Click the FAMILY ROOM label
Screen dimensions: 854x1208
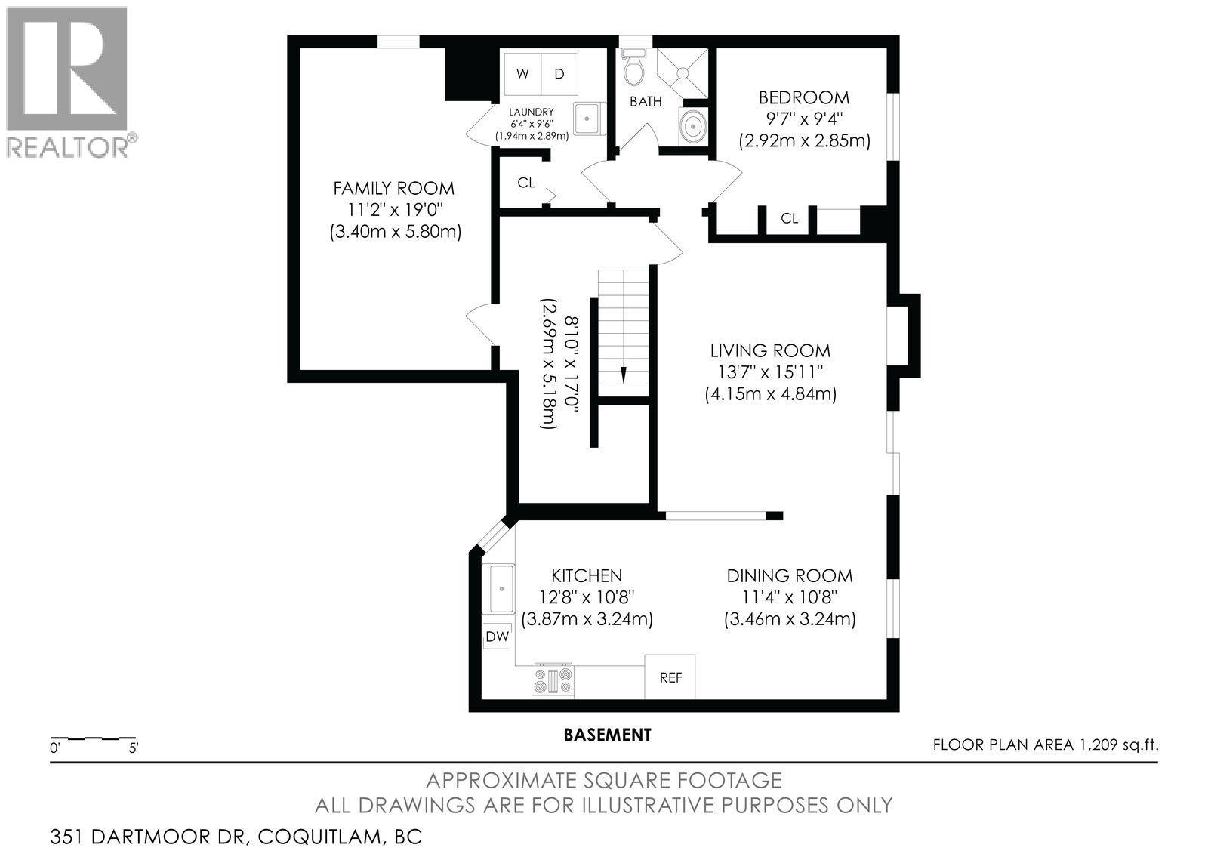pos(394,188)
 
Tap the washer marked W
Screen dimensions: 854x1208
pos(522,74)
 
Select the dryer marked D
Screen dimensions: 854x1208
pos(559,74)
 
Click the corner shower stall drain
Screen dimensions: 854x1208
pos(682,73)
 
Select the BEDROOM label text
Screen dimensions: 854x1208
pos(804,97)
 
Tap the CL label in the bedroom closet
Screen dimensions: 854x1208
pos(789,218)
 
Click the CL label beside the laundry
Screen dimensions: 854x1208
pos(526,183)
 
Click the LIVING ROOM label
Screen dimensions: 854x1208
pos(770,350)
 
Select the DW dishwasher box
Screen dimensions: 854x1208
pos(497,637)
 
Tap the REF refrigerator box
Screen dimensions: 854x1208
pos(670,677)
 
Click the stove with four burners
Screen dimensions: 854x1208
pos(553,680)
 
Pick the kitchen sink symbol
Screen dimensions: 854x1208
pos(500,589)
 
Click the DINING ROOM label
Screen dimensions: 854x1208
pos(790,575)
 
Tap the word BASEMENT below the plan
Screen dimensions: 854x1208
pos(608,734)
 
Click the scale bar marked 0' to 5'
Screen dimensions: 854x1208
pos(93,738)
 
